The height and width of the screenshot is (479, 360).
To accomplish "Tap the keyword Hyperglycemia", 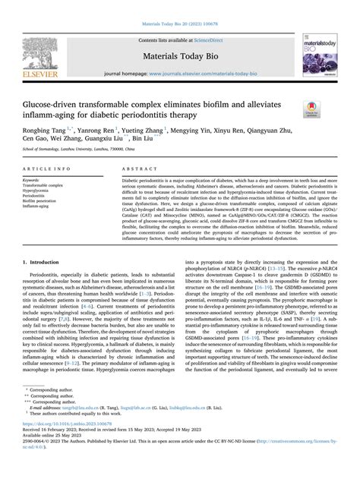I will click(39, 191).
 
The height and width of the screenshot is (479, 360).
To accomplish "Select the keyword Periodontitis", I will click(36, 196).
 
